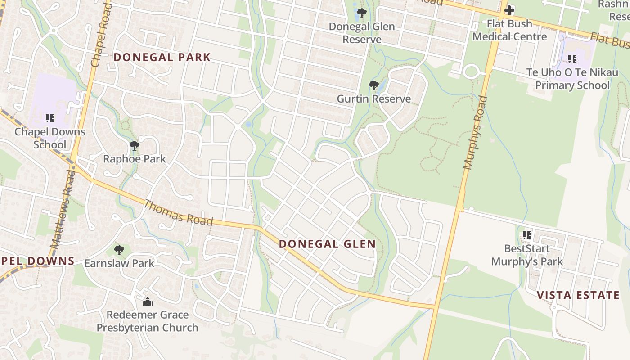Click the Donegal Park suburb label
[162, 57]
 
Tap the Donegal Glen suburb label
[327, 244]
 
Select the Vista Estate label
[578, 295]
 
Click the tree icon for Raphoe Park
[134, 146]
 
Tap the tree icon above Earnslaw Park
[119, 250]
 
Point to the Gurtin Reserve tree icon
[373, 85]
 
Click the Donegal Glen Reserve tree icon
[361, 13]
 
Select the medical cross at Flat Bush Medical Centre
[509, 10]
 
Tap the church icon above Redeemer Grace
[147, 301]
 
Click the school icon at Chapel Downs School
[49, 118]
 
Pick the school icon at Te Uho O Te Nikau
[572, 58]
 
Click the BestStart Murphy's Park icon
[526, 235]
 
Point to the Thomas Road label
[178, 212]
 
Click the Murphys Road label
[475, 133]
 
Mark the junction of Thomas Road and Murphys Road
[435, 307]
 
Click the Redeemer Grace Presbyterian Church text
[147, 321]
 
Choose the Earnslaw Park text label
[119, 263]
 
